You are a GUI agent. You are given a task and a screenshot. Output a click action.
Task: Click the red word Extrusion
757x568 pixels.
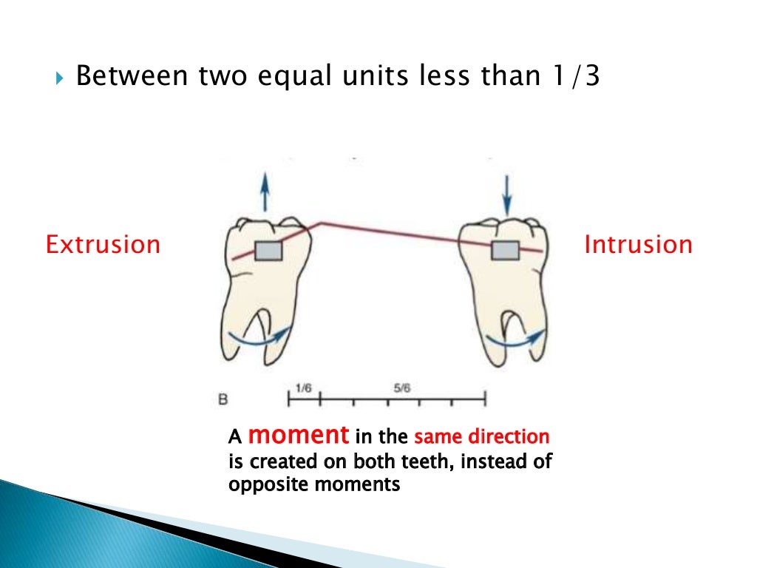[x=103, y=244]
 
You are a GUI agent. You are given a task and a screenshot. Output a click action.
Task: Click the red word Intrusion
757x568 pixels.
[x=638, y=244]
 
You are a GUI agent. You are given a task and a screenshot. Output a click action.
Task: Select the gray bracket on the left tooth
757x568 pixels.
[x=269, y=251]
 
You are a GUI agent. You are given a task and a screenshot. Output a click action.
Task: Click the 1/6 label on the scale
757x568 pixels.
[x=303, y=388]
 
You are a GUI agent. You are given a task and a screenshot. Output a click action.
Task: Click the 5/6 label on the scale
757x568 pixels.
[x=402, y=388]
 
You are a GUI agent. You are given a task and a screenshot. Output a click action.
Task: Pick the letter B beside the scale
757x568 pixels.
[x=223, y=400]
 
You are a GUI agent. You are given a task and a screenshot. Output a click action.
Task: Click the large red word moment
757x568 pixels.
[x=299, y=435]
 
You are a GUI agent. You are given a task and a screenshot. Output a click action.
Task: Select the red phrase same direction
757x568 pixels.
[x=481, y=437]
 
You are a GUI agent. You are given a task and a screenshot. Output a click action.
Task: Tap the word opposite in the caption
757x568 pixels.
[x=263, y=485]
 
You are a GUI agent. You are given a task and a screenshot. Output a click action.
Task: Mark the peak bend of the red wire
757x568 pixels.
[x=319, y=222]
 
